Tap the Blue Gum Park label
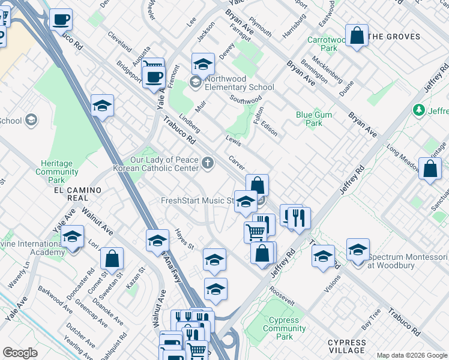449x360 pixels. click(x=309, y=119)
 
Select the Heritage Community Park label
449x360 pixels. click(x=57, y=172)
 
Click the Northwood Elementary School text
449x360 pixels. click(x=239, y=83)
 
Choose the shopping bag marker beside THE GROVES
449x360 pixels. click(x=357, y=35)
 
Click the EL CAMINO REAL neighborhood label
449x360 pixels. click(x=77, y=190)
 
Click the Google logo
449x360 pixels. click(x=20, y=353)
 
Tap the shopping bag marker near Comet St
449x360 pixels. click(x=112, y=259)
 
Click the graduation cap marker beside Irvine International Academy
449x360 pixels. click(x=73, y=237)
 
